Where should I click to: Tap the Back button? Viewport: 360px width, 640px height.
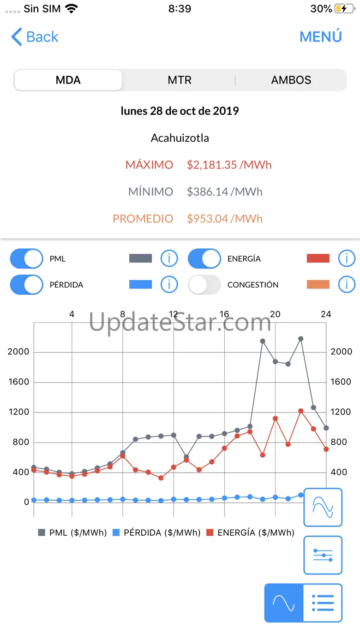tap(35, 37)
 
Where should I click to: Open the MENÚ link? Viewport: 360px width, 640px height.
tap(320, 37)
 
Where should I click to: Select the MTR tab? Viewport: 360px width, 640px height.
tap(180, 80)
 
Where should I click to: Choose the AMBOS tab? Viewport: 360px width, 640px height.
tap(291, 80)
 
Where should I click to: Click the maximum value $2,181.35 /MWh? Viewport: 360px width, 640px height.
tap(229, 165)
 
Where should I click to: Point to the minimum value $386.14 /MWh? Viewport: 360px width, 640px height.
tap(224, 191)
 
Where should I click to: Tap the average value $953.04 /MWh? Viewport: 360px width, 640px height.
tap(224, 218)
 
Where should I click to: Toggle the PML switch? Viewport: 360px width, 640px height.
tap(26, 259)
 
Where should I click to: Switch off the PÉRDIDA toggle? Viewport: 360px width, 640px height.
tap(26, 285)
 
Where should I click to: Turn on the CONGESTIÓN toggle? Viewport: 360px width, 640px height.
tap(204, 285)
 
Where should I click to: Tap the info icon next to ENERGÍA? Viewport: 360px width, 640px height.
tap(347, 259)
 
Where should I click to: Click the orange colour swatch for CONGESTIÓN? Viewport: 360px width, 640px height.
tap(318, 285)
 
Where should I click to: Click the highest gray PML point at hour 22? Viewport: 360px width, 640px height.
tap(300, 339)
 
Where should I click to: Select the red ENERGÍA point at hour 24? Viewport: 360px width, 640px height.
tap(326, 449)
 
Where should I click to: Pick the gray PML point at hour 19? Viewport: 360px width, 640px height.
tap(262, 341)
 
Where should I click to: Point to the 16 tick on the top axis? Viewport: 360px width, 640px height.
tap(224, 314)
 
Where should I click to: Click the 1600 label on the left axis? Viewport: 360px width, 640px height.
tap(19, 382)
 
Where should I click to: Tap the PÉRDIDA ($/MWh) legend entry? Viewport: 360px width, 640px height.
tap(157, 532)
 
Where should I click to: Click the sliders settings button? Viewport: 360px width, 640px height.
tap(323, 555)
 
